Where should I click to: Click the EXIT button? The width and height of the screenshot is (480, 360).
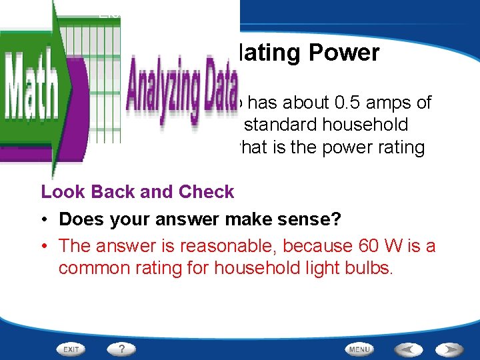pyautogui.click(x=71, y=349)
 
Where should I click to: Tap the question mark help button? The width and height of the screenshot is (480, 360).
pyautogui.click(x=121, y=349)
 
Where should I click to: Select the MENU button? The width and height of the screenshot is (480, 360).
pyautogui.click(x=359, y=349)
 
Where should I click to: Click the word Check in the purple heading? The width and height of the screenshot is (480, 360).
pyautogui.click(x=207, y=192)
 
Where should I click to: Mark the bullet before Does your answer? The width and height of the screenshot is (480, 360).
pyautogui.click(x=45, y=219)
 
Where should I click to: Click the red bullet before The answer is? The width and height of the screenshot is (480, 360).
pyautogui.click(x=45, y=246)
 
